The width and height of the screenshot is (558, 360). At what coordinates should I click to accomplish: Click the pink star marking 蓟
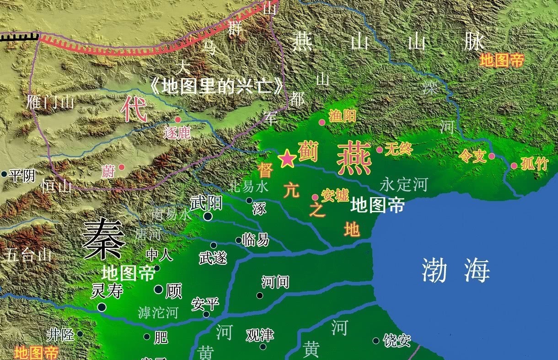(x=287, y=159)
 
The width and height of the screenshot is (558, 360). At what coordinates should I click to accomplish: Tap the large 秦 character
(x=104, y=238)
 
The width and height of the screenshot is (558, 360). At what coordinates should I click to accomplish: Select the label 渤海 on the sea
(x=456, y=270)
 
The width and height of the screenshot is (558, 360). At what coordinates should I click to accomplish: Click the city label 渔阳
(x=342, y=116)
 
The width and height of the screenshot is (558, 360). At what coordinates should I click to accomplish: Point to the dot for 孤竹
(x=514, y=166)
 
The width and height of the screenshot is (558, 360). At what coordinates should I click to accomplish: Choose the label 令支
(x=472, y=157)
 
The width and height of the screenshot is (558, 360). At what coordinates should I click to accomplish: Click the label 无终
(x=399, y=149)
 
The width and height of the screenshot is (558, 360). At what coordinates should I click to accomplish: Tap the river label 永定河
(x=403, y=185)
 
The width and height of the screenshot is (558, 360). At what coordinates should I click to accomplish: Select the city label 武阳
(x=206, y=203)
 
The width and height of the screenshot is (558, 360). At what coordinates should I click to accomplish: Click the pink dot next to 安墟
(x=315, y=198)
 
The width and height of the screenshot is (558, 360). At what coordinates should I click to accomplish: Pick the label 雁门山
(x=50, y=102)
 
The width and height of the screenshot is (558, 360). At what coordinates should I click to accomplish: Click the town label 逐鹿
(x=177, y=133)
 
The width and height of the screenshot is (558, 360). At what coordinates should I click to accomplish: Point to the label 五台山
(x=27, y=255)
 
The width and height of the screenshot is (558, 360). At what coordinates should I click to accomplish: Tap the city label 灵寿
(x=107, y=291)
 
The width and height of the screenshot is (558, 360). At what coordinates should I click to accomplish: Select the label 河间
(x=275, y=282)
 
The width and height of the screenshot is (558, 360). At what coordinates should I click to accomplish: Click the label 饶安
(x=397, y=340)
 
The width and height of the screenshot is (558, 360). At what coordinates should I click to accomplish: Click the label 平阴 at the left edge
(x=22, y=175)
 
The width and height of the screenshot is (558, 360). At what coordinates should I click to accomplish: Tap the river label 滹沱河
(x=158, y=312)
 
